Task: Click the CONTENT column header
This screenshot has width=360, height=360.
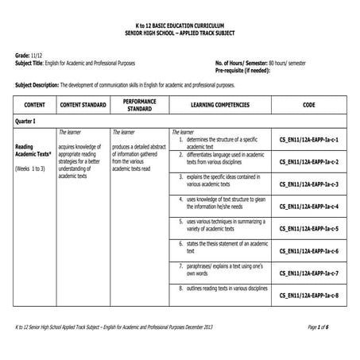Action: pyautogui.click(x=34, y=105)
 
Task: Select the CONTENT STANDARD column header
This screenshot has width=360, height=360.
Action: pyautogui.click(x=83, y=105)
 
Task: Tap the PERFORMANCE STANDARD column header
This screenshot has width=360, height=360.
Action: pyautogui.click(x=139, y=105)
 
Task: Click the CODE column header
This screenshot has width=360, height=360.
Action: pyautogui.click(x=309, y=105)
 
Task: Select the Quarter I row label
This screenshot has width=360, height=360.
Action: pyautogui.click(x=29, y=121)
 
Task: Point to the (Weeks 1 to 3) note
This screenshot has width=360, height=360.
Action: pyautogui.click(x=31, y=169)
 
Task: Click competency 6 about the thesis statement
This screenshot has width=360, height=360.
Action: pyautogui.click(x=223, y=247)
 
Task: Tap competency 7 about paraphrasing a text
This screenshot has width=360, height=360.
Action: pyautogui.click(x=223, y=269)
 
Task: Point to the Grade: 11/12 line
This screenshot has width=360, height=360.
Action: pyautogui.click(x=29, y=55)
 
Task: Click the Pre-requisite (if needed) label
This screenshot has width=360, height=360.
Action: pyautogui.click(x=248, y=69)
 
